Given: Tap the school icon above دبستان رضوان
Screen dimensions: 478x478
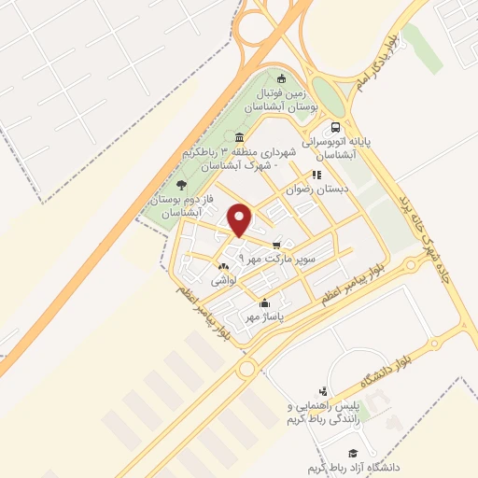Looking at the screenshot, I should [316, 175].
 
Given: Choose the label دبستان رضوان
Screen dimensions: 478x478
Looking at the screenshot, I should [319, 189].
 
